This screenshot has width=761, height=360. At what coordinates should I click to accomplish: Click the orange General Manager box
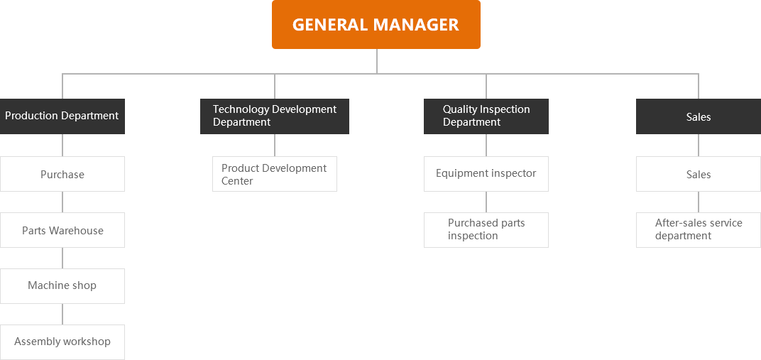click(376, 25)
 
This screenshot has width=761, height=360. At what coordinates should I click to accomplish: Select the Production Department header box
click(62, 116)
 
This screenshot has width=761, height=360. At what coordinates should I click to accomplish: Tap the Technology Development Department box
click(274, 116)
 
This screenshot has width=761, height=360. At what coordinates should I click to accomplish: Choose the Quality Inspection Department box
click(486, 116)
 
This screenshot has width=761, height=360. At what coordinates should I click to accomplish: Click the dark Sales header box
click(698, 116)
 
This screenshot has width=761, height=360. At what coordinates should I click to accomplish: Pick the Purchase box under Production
click(62, 174)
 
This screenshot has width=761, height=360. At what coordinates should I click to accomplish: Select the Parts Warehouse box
click(62, 230)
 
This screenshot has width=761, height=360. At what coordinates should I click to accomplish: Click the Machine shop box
click(62, 285)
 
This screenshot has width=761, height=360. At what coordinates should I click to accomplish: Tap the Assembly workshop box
click(62, 342)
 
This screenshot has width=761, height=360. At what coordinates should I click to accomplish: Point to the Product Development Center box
click(274, 174)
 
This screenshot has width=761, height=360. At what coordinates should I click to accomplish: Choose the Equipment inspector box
click(486, 173)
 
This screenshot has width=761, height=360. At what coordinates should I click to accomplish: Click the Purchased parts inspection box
click(486, 229)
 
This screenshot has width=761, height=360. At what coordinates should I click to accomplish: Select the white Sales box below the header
click(698, 174)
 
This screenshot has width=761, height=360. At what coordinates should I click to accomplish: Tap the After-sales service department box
click(698, 229)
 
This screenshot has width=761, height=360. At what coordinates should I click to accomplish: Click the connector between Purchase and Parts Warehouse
click(62, 202)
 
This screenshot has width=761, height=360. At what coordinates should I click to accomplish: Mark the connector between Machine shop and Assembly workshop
click(62, 314)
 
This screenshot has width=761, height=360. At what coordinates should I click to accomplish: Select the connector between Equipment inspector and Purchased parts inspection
click(486, 202)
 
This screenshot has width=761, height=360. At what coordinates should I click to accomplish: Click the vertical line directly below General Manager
click(376, 61)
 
